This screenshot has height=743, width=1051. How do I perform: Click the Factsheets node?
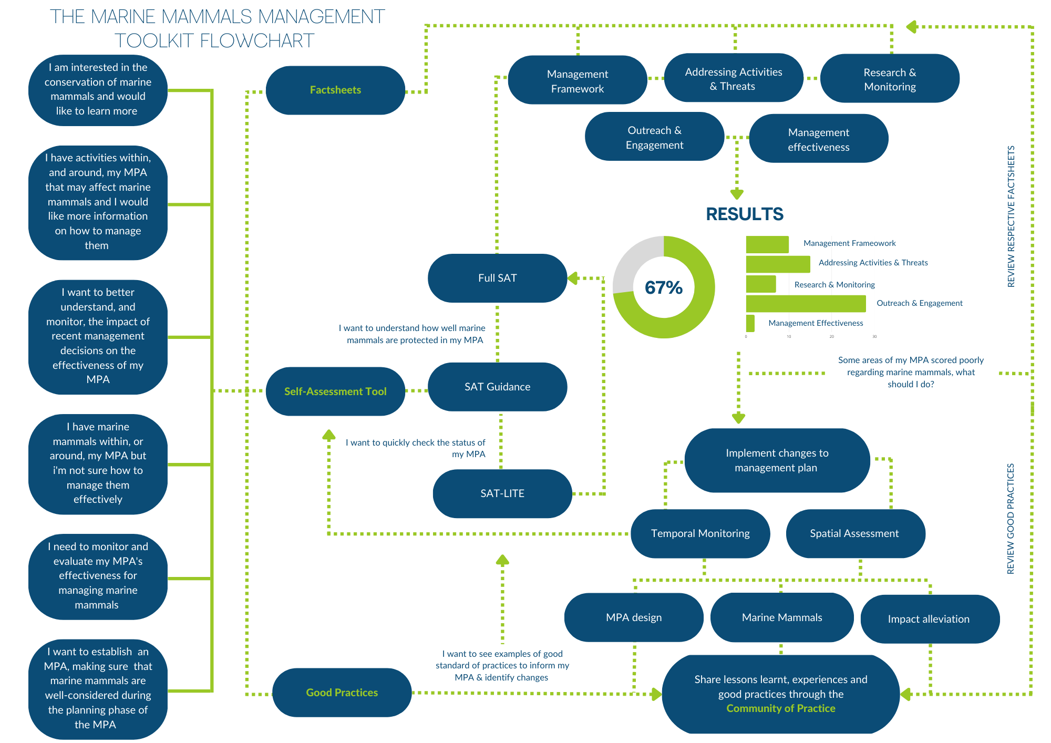pos(335,90)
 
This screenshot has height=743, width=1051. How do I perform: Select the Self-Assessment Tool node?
pos(335,391)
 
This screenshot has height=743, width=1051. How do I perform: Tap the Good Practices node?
pos(342,693)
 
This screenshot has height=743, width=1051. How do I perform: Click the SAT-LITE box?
pos(502,493)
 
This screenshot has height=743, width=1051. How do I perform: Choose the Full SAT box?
pos(497,278)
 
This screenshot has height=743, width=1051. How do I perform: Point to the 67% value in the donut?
pos(663,287)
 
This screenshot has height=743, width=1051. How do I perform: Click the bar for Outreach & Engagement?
pos(805,304)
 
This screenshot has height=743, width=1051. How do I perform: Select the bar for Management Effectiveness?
pos(750,323)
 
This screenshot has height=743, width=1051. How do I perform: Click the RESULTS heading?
pos(744,214)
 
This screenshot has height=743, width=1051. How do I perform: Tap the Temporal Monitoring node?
pos(700,533)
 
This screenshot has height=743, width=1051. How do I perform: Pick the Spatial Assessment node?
pos(854,533)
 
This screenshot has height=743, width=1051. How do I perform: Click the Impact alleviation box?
pos(929,619)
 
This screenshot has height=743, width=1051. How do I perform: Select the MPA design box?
pos(634,617)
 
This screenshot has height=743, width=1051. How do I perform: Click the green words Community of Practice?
pos(780,708)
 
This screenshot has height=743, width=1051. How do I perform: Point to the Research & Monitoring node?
pos(890,79)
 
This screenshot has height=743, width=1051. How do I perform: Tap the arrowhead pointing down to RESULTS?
pos(737,194)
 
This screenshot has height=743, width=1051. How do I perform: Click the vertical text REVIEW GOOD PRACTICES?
pos(1010,519)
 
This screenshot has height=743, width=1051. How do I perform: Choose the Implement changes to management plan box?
pos(777,460)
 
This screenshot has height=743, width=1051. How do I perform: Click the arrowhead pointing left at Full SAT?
pos(573,278)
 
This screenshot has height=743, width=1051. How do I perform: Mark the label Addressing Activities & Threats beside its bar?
pos(873,263)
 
